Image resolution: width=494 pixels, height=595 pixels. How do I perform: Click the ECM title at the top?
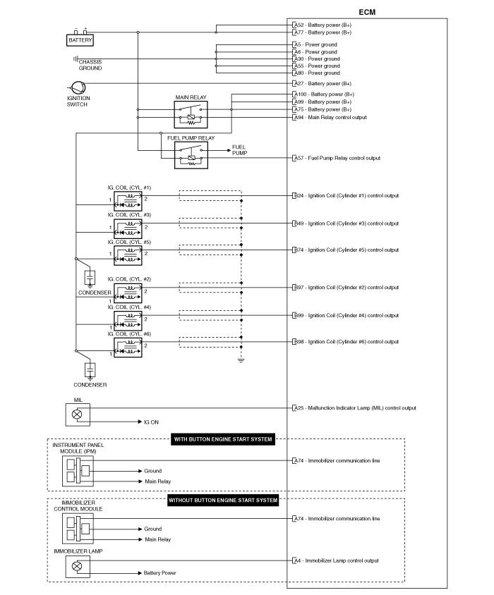click(x=367, y=12)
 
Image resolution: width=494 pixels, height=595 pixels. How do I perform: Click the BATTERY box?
click(x=80, y=40)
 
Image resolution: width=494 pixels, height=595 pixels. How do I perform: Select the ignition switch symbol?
click(x=78, y=88)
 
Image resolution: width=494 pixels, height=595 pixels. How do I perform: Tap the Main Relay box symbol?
click(x=191, y=115)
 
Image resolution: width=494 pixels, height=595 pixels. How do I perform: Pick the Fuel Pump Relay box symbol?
click(x=191, y=155)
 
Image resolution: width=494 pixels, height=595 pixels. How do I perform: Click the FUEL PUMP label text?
click(x=239, y=150)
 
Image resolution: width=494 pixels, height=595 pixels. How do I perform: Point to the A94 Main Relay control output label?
click(x=330, y=117)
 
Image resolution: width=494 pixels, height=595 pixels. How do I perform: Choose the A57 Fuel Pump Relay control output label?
click(x=337, y=158)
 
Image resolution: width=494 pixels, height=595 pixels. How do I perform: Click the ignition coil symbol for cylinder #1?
click(x=128, y=201)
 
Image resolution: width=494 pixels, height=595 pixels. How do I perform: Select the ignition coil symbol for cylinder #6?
click(x=128, y=348)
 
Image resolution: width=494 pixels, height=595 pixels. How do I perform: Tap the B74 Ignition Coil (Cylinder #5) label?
click(x=346, y=250)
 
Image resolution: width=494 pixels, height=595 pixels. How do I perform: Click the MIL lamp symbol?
click(x=78, y=415)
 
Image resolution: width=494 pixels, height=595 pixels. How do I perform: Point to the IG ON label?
click(x=151, y=422)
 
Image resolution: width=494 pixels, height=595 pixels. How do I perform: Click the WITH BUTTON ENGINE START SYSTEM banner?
click(x=223, y=439)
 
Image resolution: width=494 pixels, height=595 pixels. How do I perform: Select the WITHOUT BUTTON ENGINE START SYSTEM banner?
click(x=223, y=500)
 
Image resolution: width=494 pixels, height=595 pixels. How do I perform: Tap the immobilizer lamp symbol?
click(x=78, y=567)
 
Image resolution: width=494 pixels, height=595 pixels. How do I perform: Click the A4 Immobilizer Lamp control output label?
click(x=336, y=560)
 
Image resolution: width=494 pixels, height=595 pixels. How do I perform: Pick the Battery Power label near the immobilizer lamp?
click(x=160, y=572)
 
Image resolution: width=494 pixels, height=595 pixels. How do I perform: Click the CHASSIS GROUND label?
click(x=90, y=65)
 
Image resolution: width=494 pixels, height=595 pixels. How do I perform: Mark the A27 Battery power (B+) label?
click(x=323, y=83)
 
